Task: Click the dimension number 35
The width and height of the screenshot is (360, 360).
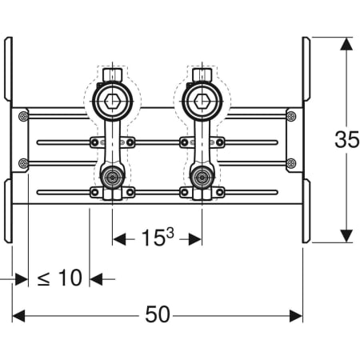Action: [346, 139]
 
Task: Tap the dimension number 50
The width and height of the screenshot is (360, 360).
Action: [158, 314]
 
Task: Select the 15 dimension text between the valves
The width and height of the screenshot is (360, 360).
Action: [153, 238]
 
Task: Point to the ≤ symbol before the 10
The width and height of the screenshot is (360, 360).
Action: [43, 278]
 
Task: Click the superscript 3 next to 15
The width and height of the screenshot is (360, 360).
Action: [170, 233]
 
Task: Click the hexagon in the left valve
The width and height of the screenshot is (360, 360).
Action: [112, 102]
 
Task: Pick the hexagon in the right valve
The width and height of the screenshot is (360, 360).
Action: [202, 102]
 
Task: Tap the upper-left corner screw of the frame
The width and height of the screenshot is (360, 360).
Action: [24, 116]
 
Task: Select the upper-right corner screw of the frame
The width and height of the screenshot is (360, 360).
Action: [291, 116]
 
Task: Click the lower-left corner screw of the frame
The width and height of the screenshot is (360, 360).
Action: [24, 162]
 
